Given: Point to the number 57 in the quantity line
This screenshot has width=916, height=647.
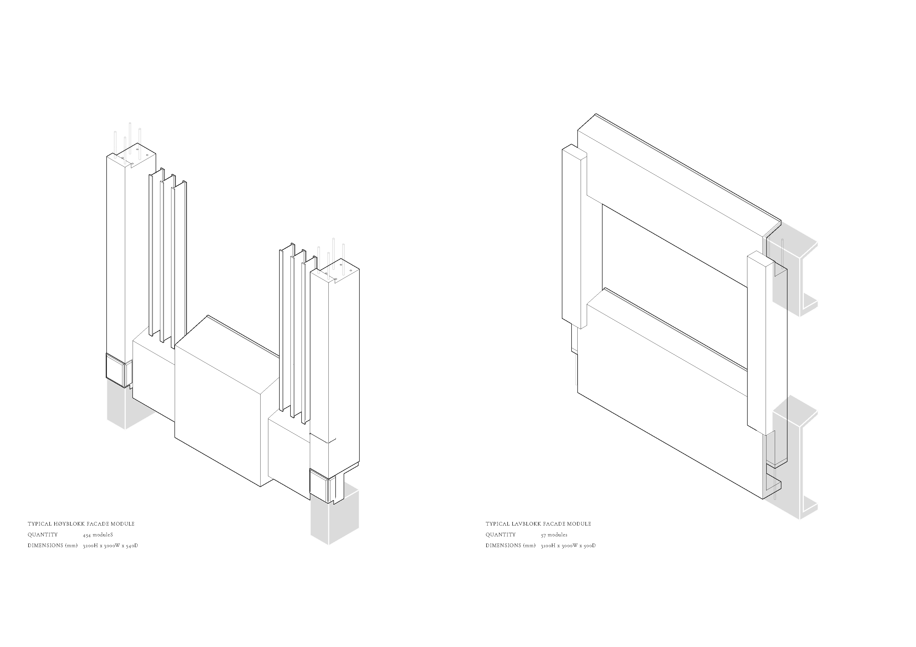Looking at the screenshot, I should pyautogui.click(x=543, y=535).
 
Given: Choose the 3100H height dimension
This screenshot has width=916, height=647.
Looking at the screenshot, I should pyautogui.click(x=548, y=546).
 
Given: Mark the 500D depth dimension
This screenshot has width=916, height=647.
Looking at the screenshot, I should pyautogui.click(x=589, y=546).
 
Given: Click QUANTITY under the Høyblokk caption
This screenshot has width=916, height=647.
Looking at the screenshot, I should pyautogui.click(x=43, y=535).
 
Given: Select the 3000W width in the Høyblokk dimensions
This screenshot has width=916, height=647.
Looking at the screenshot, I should pyautogui.click(x=112, y=546).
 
